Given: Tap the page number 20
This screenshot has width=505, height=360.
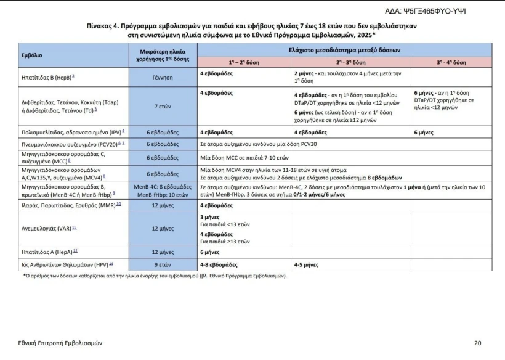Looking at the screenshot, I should click(478, 343).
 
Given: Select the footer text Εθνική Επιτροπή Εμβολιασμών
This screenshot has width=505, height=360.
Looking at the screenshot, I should click(60, 343).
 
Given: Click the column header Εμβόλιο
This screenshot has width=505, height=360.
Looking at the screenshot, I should click(32, 55).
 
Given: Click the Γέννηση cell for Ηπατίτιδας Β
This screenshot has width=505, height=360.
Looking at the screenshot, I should click(163, 78).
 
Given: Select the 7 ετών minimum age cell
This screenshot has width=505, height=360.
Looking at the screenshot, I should click(163, 106).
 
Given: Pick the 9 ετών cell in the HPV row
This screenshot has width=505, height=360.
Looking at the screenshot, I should click(163, 264).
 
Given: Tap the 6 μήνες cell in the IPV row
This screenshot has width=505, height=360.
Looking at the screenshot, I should click(424, 132).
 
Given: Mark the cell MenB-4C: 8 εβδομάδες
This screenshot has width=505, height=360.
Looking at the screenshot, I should click(163, 186).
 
